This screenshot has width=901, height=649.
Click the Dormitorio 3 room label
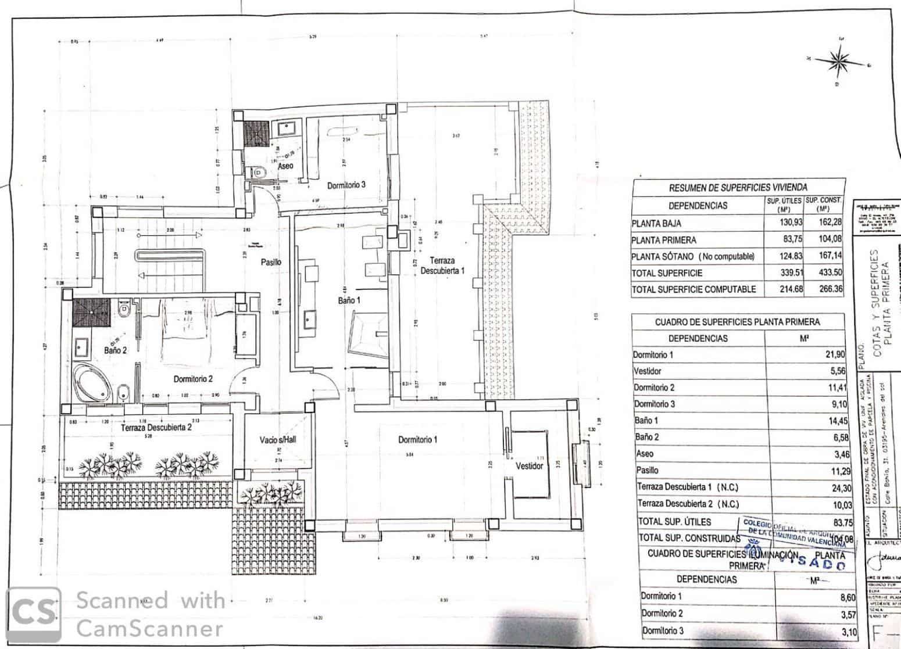pos(346,185)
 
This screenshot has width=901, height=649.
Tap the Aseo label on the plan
pos(285,166)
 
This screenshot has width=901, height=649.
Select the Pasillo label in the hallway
pos(271,262)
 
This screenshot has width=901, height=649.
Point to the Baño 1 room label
pos(349,300)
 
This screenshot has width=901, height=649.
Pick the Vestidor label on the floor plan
pos(530,466)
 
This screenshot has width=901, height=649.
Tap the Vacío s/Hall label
pos(278,440)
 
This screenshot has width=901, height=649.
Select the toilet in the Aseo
pos(258,171)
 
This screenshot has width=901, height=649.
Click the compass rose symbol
pos(838,60)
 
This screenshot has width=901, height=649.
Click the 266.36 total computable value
pos(829,289)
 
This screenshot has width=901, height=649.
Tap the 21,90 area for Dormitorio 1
pos(835,354)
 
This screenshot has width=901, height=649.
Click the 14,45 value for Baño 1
pos(835,420)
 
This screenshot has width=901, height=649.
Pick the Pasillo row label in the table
pos(648,470)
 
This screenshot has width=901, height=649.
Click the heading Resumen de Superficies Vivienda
pos(737,187)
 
